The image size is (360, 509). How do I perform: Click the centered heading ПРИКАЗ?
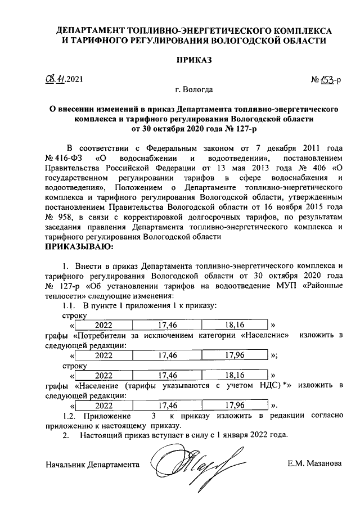tap(194, 60)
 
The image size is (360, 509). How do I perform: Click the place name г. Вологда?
tap(194, 89)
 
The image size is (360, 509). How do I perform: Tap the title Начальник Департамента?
tap(92, 465)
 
